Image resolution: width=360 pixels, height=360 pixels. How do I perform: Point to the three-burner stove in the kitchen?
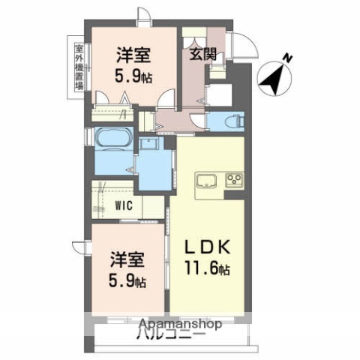pos(232,181)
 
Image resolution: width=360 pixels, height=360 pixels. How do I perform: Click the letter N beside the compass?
pos(289,57)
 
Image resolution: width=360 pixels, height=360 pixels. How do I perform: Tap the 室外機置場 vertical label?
pos(79,65)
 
